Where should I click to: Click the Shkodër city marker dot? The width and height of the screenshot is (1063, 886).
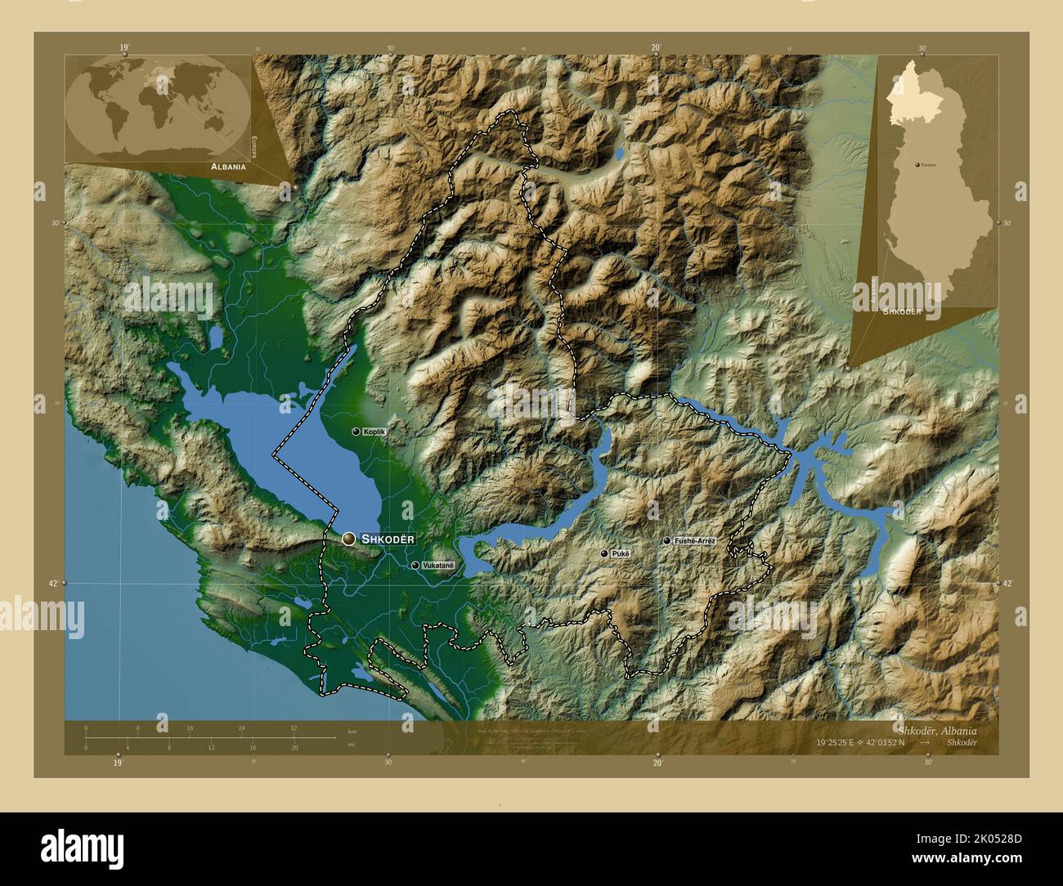click(x=349, y=539)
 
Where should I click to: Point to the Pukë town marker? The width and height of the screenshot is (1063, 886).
click(x=604, y=554)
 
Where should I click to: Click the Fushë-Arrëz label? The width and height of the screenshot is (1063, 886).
click(x=694, y=541)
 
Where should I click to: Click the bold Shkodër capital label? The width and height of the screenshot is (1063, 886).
click(x=388, y=539)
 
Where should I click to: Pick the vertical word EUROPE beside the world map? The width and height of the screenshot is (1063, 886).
click(x=253, y=148)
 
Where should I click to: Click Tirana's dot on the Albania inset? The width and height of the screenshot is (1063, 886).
click(x=917, y=164)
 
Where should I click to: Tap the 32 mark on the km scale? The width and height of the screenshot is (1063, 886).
click(x=294, y=727)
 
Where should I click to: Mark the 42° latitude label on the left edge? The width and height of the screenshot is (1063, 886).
click(x=52, y=583)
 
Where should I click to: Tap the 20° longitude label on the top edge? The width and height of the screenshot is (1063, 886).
click(x=656, y=47)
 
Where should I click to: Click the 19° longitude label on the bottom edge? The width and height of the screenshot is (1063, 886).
click(x=119, y=763)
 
